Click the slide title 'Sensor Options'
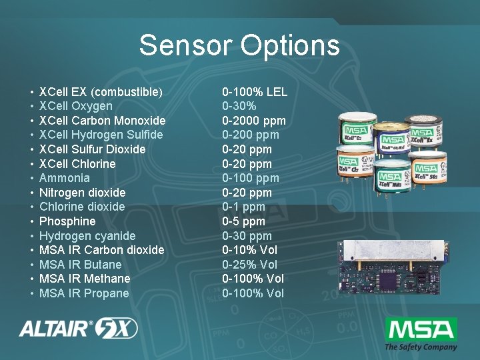point(239,46)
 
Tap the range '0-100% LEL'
point(255,91)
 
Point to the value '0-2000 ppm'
point(254,121)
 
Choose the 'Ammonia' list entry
point(65,178)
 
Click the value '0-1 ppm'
point(243,207)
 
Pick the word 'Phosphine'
point(67,221)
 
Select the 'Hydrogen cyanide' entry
point(87,236)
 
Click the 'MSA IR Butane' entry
point(81,265)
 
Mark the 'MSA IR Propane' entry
point(84,293)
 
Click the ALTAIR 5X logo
point(79,329)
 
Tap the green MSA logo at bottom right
point(421,329)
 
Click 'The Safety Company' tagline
point(421,347)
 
